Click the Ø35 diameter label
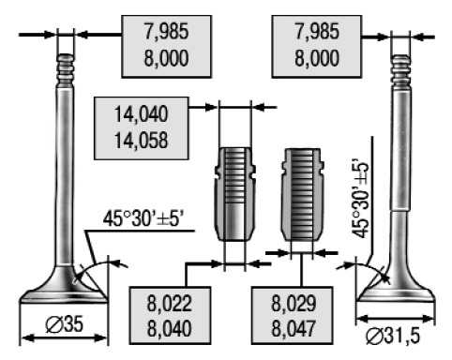pyautogui.click(x=65, y=324)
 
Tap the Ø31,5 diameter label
pyautogui.click(x=393, y=336)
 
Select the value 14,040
pyautogui.click(x=141, y=114)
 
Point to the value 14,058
pyautogui.click(x=141, y=141)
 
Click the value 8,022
pyautogui.click(x=169, y=304)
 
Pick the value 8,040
pyautogui.click(x=169, y=329)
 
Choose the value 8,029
pyautogui.click(x=294, y=304)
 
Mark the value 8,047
pyautogui.click(x=294, y=329)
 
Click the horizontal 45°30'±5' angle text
pyautogui.click(x=143, y=218)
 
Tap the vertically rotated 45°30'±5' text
pyautogui.click(x=360, y=200)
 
